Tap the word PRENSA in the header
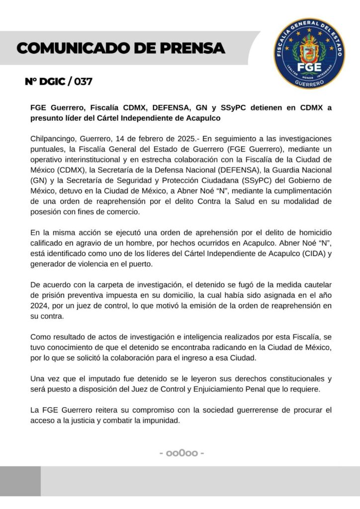point(188,48)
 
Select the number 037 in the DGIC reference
point(83,82)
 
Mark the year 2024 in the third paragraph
point(40,306)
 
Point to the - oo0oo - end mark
point(180,453)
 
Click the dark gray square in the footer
point(20,481)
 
